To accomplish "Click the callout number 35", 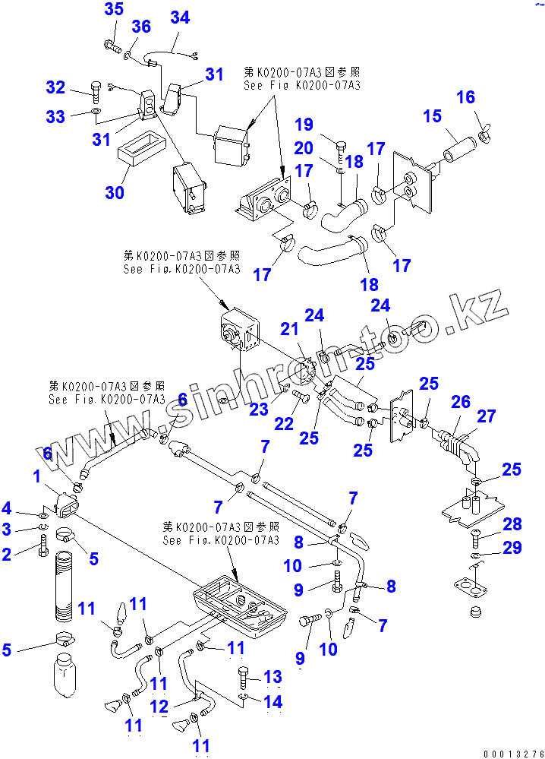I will click(x=113, y=10).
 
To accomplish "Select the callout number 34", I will click(x=179, y=17).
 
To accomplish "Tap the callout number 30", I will click(x=114, y=192).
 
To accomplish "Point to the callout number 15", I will click(x=432, y=116).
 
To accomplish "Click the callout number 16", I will click(x=465, y=96).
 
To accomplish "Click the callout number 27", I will click(x=487, y=416).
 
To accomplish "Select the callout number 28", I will click(x=512, y=523).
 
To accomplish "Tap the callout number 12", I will click(x=159, y=707).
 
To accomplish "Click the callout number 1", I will click(x=36, y=477).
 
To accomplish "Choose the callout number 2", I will click(x=8, y=554).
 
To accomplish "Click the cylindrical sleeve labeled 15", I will click(x=459, y=146).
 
